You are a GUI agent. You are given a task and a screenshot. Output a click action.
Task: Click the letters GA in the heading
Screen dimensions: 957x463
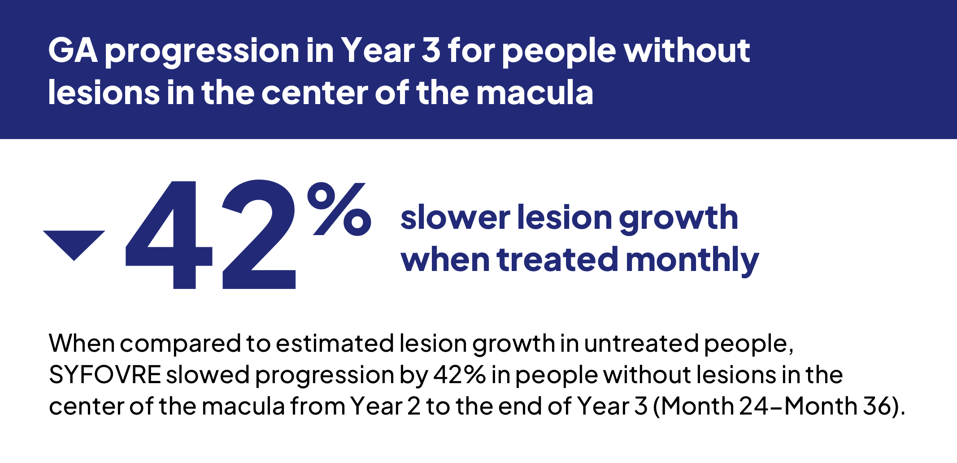click(73, 50)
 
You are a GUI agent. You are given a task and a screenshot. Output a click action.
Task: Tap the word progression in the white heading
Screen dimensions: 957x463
click(202, 53)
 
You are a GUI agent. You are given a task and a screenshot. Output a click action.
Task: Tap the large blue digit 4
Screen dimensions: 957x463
click(169, 235)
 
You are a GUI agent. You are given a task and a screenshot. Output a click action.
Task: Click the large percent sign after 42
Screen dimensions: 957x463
click(339, 209)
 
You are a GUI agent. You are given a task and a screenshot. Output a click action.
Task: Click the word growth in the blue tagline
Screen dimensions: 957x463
click(679, 219)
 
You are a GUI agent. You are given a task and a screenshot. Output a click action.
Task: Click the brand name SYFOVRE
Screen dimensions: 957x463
click(105, 375)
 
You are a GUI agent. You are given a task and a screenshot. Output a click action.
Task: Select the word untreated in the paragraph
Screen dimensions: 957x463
click(642, 344)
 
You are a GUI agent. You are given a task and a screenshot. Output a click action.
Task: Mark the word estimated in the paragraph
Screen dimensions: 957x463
click(335, 344)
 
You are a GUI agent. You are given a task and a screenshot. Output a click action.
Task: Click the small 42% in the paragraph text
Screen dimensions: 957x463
click(459, 375)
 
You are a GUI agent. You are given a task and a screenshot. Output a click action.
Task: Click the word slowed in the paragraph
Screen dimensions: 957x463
click(208, 375)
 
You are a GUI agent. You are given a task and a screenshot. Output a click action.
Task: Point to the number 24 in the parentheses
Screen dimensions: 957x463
click(755, 406)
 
